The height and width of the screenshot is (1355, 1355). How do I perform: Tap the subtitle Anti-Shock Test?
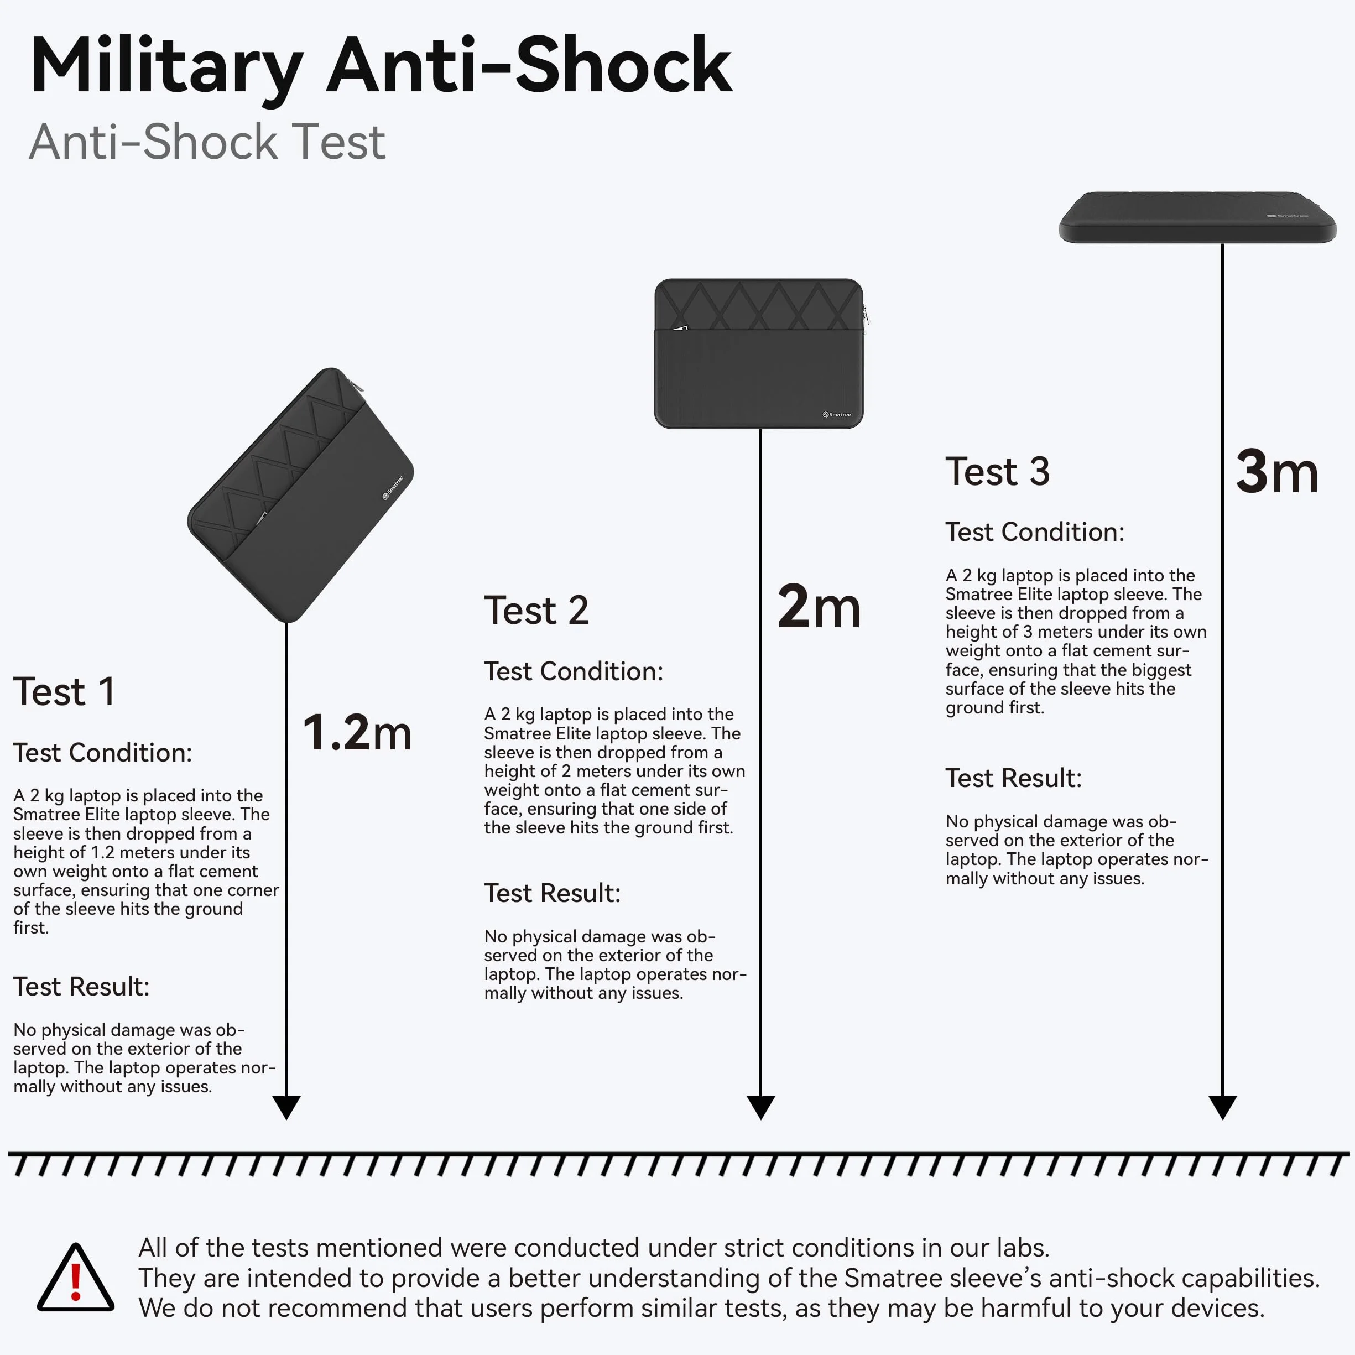click(207, 142)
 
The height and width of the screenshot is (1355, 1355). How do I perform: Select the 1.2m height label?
click(357, 732)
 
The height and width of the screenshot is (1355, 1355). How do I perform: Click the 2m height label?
click(819, 607)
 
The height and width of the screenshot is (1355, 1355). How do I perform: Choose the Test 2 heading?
click(536, 610)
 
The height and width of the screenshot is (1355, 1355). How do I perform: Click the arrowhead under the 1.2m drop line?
click(286, 1107)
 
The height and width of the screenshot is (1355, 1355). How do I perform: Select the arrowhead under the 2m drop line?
click(761, 1107)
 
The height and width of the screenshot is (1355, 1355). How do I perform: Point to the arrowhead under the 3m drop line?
click(1222, 1107)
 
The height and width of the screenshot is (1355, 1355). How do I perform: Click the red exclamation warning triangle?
click(76, 1278)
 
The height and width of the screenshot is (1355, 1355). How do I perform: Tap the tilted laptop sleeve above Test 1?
click(301, 495)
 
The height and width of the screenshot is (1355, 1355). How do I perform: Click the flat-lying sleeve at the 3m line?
click(1198, 217)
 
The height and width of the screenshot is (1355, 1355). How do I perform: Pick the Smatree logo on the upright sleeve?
click(837, 414)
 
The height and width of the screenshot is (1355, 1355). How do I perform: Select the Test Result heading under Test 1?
click(81, 987)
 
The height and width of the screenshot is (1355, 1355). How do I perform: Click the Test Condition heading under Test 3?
click(1034, 532)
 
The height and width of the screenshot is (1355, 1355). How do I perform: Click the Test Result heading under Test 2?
click(553, 894)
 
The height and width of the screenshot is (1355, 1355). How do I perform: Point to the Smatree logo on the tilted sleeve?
click(393, 488)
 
